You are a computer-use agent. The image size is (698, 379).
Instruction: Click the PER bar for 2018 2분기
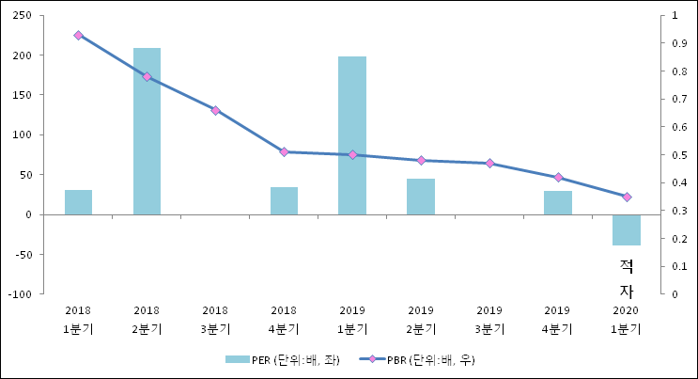coord(147,131)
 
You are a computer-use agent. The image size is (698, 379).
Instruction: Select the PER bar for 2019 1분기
coord(352,135)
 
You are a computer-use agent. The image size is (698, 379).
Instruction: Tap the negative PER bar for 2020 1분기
coord(627,229)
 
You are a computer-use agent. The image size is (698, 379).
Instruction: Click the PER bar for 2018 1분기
coord(78,202)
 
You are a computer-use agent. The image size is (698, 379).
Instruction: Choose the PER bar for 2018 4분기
coord(284,200)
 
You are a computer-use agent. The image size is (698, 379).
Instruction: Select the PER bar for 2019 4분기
coord(558,202)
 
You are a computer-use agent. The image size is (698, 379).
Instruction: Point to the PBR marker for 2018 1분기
coord(78,35)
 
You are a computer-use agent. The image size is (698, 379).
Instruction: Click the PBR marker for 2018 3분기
coord(215,110)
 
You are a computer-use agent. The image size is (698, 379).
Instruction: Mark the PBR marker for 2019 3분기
coord(489,164)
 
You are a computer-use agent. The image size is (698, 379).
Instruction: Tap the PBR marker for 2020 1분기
coord(627,197)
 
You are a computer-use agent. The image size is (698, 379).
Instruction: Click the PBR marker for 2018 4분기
coord(284,151)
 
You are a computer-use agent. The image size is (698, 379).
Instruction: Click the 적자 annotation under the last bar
coord(627,278)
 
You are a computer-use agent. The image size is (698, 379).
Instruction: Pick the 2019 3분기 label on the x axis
coord(489,320)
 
